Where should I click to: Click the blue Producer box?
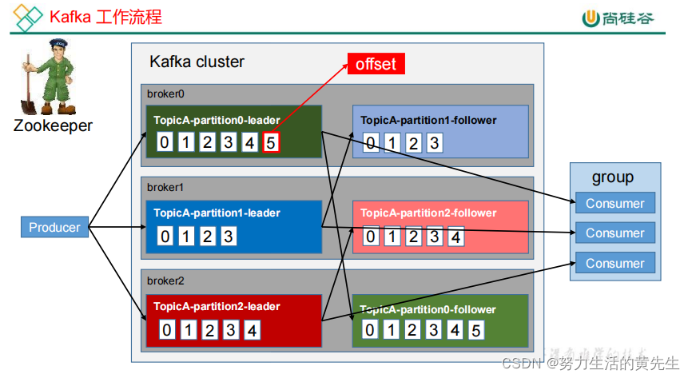click(54, 228)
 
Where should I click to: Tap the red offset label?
click(376, 64)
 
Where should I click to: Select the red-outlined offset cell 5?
click(271, 143)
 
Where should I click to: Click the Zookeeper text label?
click(53, 125)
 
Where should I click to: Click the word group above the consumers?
click(613, 177)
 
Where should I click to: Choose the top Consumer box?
click(614, 203)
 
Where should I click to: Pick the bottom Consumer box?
click(614, 263)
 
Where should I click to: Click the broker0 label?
click(165, 94)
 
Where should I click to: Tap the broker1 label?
click(165, 187)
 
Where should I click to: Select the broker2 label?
click(165, 281)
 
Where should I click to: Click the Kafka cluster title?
click(197, 62)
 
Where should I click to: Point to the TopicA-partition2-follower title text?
click(428, 213)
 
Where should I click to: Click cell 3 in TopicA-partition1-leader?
click(229, 236)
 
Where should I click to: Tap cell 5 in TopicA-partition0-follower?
click(475, 329)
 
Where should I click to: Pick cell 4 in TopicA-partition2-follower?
click(455, 236)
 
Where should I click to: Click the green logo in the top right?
click(591, 18)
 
